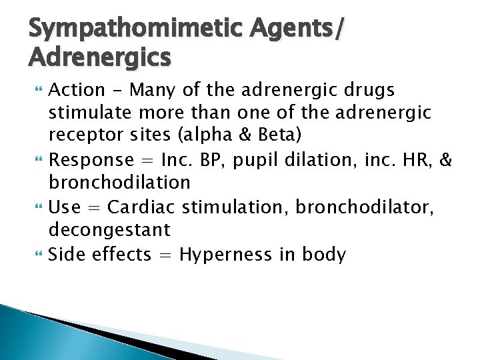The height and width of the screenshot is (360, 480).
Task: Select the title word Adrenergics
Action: click(100, 58)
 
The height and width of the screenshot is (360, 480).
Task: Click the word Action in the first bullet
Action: click(77, 90)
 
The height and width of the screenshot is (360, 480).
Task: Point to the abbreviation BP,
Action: click(213, 161)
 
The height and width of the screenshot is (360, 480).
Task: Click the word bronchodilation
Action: click(119, 183)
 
